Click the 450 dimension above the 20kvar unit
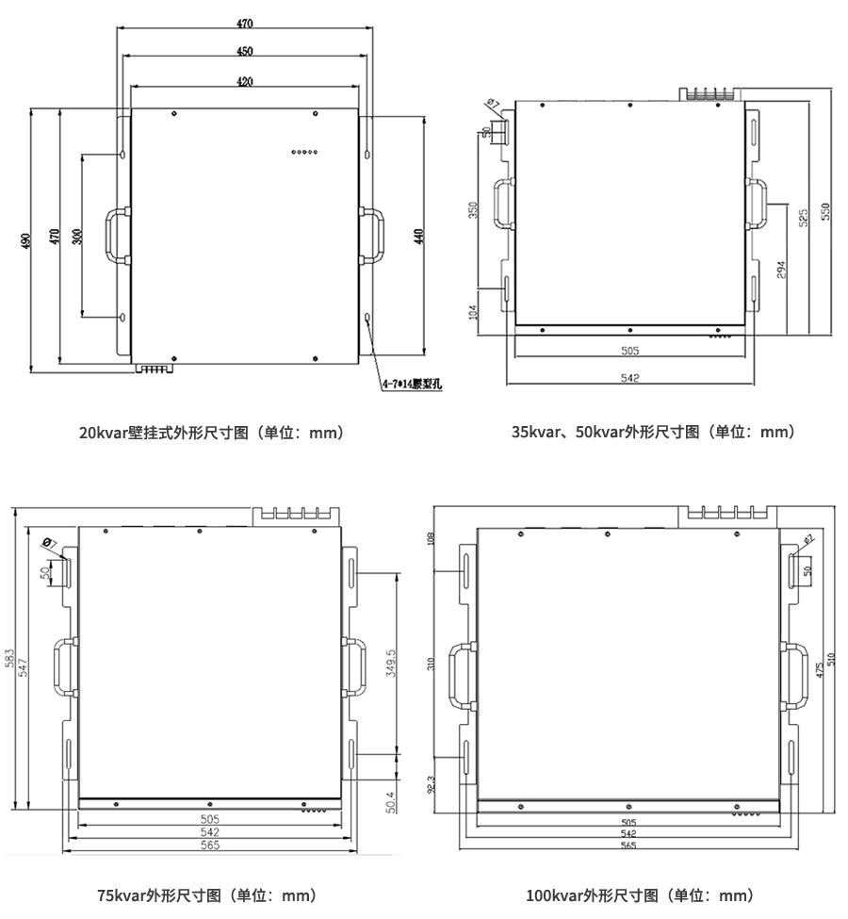click(x=244, y=51)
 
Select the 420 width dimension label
click(x=244, y=82)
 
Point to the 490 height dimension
click(x=27, y=240)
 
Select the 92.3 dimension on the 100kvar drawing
click(x=432, y=784)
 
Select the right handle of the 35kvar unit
click(x=758, y=203)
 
